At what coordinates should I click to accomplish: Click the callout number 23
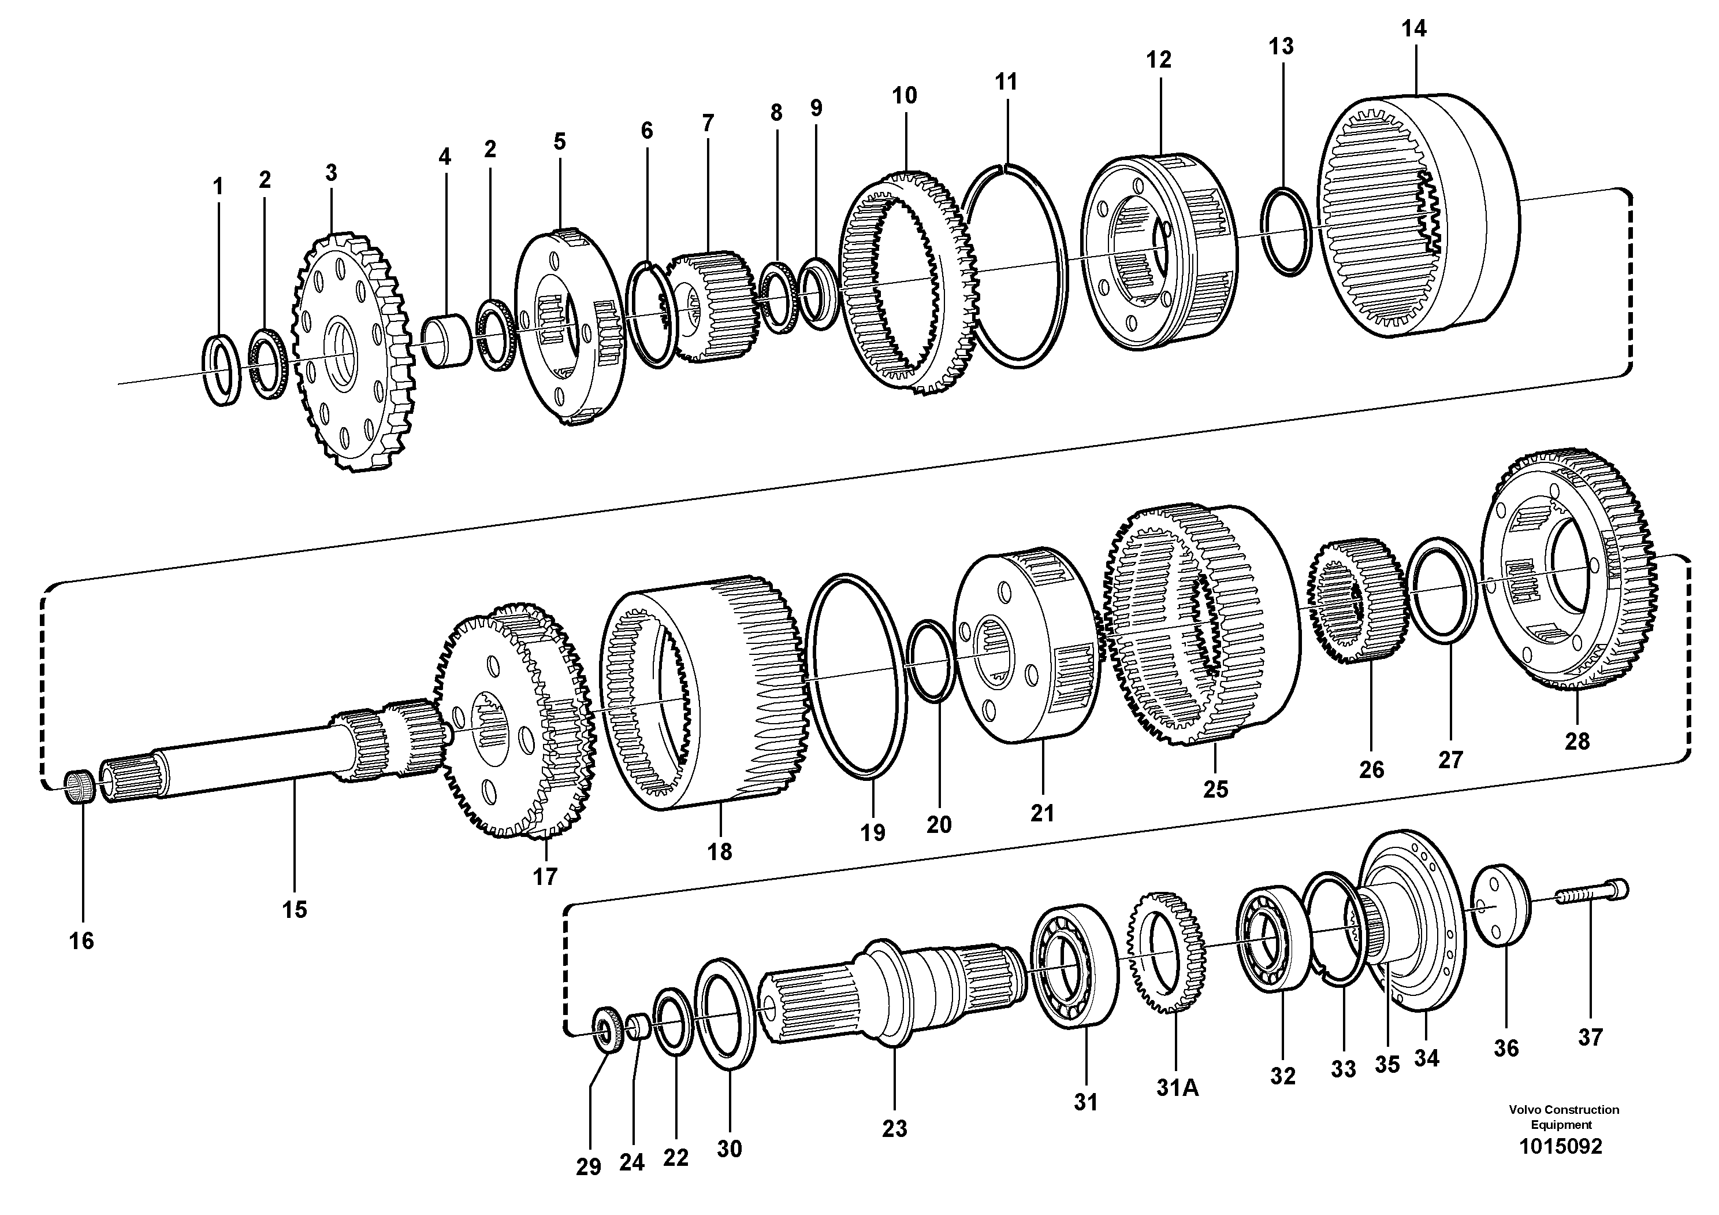[894, 1129]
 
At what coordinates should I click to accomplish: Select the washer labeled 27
[1441, 590]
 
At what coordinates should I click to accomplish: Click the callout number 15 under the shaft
[294, 909]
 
